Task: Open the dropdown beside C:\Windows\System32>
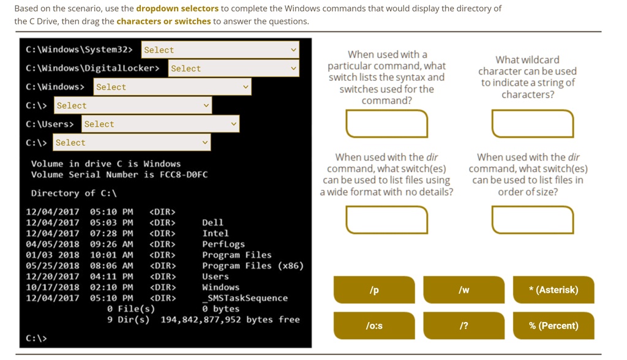tap(220, 50)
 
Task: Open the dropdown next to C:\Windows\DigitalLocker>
tap(233, 68)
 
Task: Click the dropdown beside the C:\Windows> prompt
tap(172, 87)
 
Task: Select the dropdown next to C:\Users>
tap(160, 124)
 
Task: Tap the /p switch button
tap(374, 290)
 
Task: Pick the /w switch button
tap(464, 290)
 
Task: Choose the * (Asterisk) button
tap(554, 290)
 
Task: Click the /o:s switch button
tap(374, 326)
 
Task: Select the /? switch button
tap(464, 326)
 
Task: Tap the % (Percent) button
tap(554, 326)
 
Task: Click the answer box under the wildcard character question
tap(533, 124)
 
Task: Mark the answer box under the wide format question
tap(387, 220)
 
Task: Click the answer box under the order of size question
tap(533, 220)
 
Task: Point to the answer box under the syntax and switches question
tap(387, 124)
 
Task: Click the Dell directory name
tap(212, 222)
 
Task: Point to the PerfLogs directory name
tap(223, 244)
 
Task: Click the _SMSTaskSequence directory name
tap(245, 298)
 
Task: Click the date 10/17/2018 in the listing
tap(53, 287)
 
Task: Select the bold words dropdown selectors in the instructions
tap(177, 9)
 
